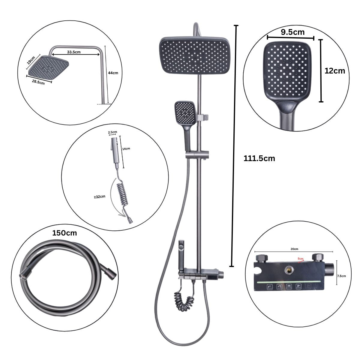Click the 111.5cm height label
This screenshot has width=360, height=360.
pyautogui.click(x=259, y=158)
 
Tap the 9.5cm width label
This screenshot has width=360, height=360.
pyautogui.click(x=292, y=32)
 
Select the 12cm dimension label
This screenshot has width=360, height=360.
pyautogui.click(x=335, y=71)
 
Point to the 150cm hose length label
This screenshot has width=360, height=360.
pyautogui.click(x=64, y=233)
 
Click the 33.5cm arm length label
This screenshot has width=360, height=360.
pyautogui.click(x=73, y=52)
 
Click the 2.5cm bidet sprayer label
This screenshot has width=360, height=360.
pyautogui.click(x=112, y=132)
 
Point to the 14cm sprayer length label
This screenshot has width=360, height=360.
pyautogui.click(x=126, y=148)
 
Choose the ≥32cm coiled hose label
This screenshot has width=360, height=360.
pyautogui.click(x=99, y=197)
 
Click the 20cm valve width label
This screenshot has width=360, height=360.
pyautogui.click(x=294, y=249)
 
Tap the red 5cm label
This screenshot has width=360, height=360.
pyautogui.click(x=300, y=258)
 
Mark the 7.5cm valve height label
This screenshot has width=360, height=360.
pyautogui.click(x=341, y=275)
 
